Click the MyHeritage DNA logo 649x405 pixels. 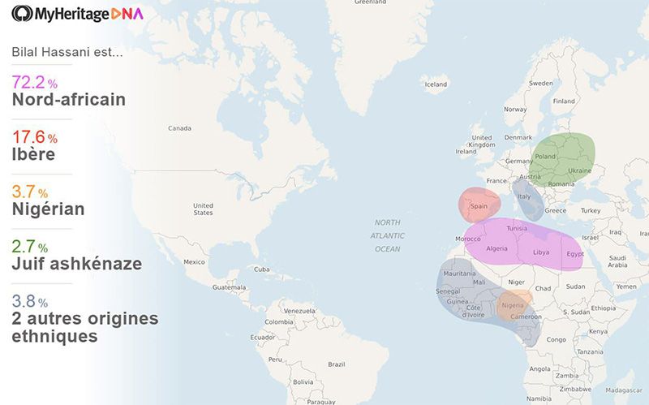click(x=77, y=14)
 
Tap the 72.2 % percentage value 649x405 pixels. click(x=35, y=82)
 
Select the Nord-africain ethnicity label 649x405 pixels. click(x=68, y=100)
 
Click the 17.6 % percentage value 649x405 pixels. click(x=35, y=137)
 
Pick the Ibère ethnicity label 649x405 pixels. click(x=33, y=154)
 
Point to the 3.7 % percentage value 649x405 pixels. click(x=29, y=192)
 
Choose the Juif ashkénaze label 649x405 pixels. click(x=76, y=264)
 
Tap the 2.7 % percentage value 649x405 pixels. click(x=29, y=246)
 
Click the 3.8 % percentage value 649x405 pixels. click(x=29, y=301)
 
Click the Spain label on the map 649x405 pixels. click(x=479, y=206)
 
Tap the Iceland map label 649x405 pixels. click(x=436, y=84)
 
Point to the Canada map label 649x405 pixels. click(x=179, y=128)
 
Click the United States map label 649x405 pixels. click(x=203, y=209)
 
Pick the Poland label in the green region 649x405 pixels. click(x=545, y=157)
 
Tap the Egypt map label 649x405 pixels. click(x=575, y=254)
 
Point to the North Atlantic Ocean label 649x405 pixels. click(x=387, y=235)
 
